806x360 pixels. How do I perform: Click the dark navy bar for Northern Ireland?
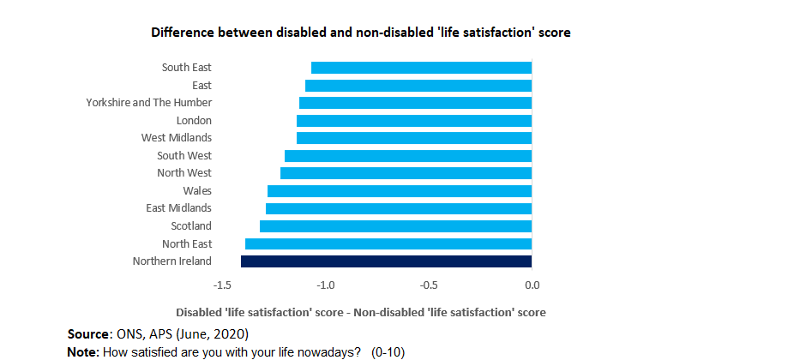coord(386,261)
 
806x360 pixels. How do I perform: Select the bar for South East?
coord(421,68)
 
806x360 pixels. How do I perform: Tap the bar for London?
coord(414,121)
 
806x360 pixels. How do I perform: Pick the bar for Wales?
coord(400,191)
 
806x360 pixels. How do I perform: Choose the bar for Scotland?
coord(395,226)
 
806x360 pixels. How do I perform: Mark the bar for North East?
coord(388,244)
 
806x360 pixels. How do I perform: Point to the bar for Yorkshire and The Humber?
coord(415,103)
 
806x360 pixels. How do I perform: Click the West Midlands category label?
coord(177,138)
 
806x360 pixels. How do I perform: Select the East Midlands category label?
coord(178,208)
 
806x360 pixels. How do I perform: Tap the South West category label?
coord(184,156)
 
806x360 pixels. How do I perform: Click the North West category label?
coord(184,173)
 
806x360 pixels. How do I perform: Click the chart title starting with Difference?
coord(361,33)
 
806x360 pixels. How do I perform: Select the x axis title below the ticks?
coord(361,312)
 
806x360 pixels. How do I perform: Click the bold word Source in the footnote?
coord(88,333)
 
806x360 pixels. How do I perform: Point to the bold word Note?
coord(83,352)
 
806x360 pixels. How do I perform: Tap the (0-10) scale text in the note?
coord(388,352)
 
